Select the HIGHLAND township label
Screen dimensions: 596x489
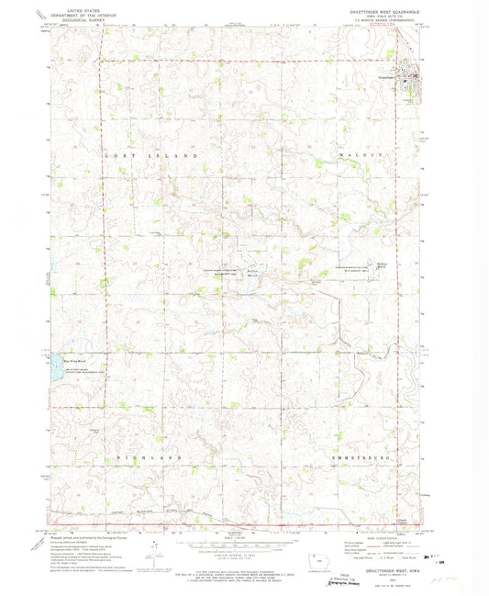(x=143, y=456)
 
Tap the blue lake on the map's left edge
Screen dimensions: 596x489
(x=55, y=363)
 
